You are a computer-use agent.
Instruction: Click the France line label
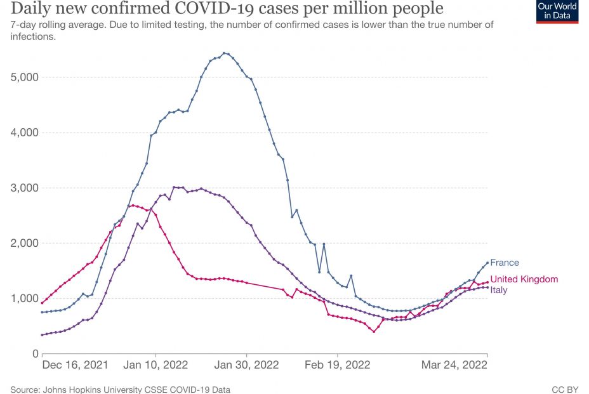click(x=505, y=263)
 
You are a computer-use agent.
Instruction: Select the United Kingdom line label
click(x=524, y=279)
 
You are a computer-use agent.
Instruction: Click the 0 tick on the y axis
click(x=35, y=353)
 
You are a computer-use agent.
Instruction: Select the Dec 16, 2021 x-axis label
click(x=75, y=365)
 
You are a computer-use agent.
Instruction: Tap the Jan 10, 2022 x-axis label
click(x=156, y=365)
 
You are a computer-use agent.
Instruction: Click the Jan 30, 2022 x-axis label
click(x=247, y=365)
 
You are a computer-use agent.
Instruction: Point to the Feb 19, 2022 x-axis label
click(x=338, y=365)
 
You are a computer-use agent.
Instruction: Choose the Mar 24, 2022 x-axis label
click(x=454, y=365)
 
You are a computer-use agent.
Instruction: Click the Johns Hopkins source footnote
click(x=120, y=389)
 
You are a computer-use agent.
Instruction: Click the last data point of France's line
click(x=487, y=263)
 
